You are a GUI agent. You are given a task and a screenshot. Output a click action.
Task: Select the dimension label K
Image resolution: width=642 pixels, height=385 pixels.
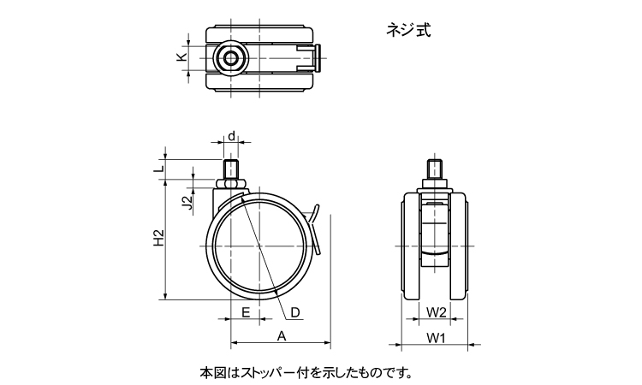(181, 57)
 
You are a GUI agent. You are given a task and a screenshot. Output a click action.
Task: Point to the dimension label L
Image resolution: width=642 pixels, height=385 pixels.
(158, 170)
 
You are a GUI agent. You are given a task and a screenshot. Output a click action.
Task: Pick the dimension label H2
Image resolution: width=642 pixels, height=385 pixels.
(158, 240)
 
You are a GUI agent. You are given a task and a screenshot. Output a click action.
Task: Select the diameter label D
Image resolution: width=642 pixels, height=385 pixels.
(294, 312)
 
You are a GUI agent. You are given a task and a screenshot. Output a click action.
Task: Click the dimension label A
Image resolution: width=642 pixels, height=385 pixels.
(281, 336)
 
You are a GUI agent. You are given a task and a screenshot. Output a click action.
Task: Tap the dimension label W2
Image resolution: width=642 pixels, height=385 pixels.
(436, 311)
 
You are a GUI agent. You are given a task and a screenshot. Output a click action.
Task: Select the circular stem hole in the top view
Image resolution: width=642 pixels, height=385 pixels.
(230, 58)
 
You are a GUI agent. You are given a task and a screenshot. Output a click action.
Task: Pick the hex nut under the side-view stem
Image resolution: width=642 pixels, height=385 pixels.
(232, 182)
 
